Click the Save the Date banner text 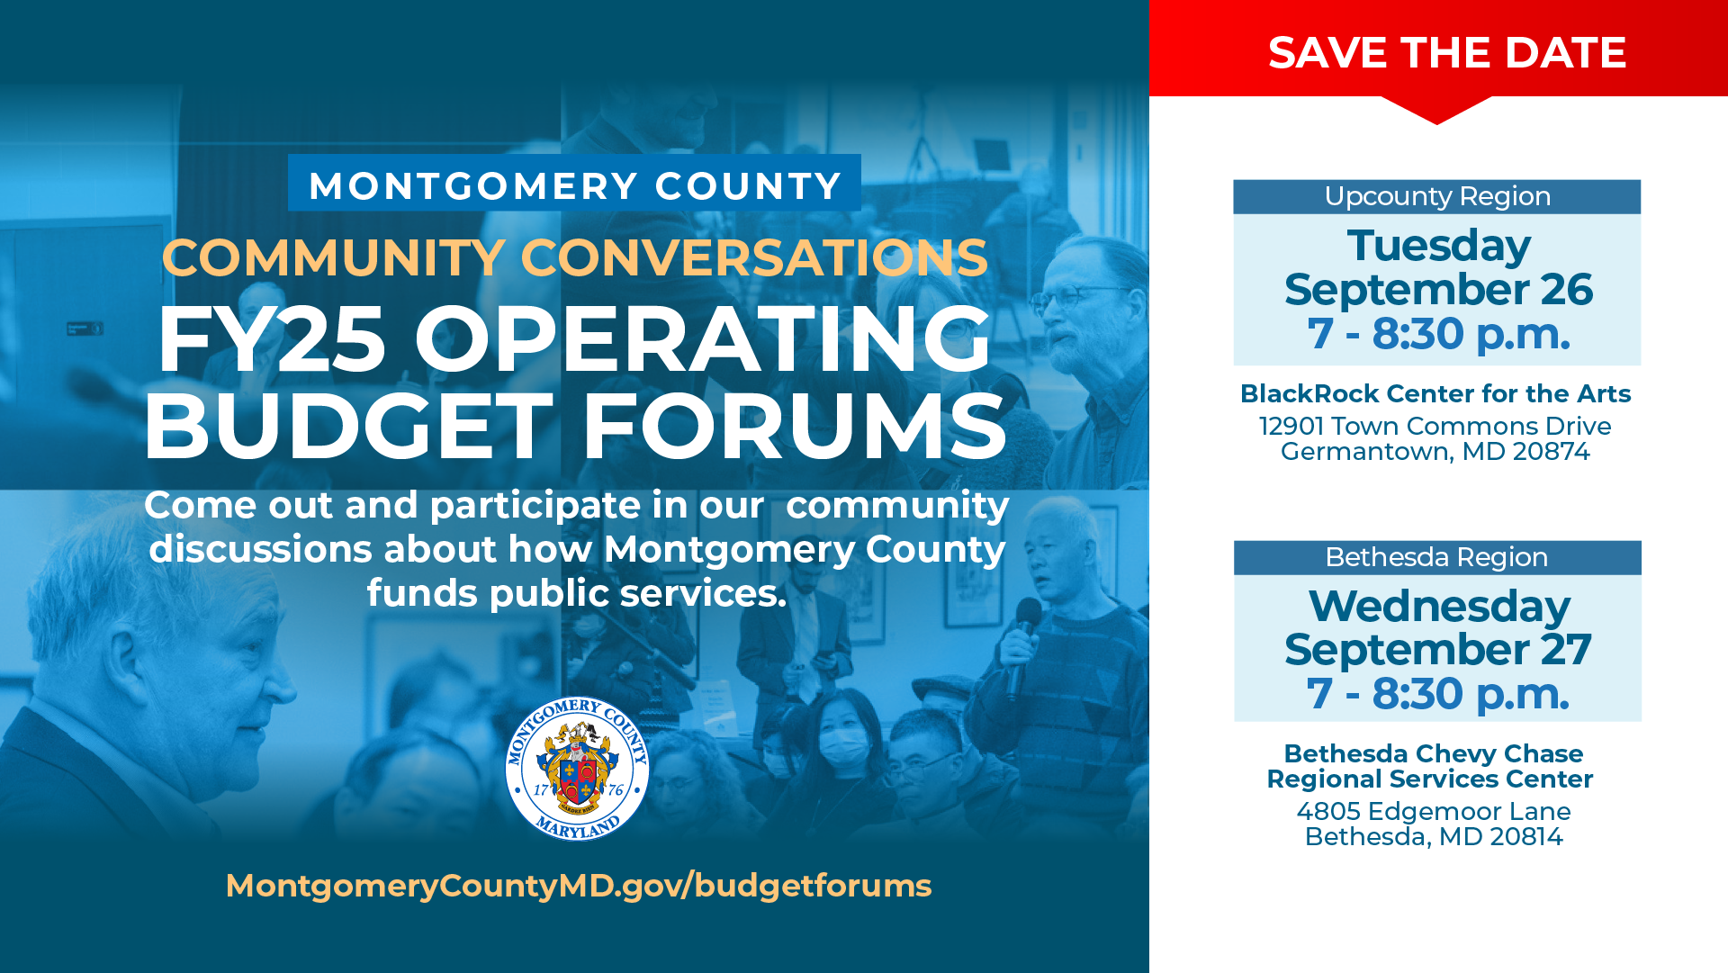click(1446, 52)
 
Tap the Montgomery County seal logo click(577, 769)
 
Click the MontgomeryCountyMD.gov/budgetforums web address click(578, 886)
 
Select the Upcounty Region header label click(1437, 196)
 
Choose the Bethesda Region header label click(1436, 557)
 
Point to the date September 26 click(1438, 290)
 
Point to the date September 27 click(1438, 650)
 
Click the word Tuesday click(1438, 246)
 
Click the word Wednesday click(1438, 606)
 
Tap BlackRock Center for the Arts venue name click(1435, 393)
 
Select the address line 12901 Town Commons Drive click(1435, 426)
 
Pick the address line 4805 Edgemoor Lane click(1434, 811)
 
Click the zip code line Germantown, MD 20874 click(1435, 451)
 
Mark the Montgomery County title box click(574, 185)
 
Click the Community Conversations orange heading click(574, 257)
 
